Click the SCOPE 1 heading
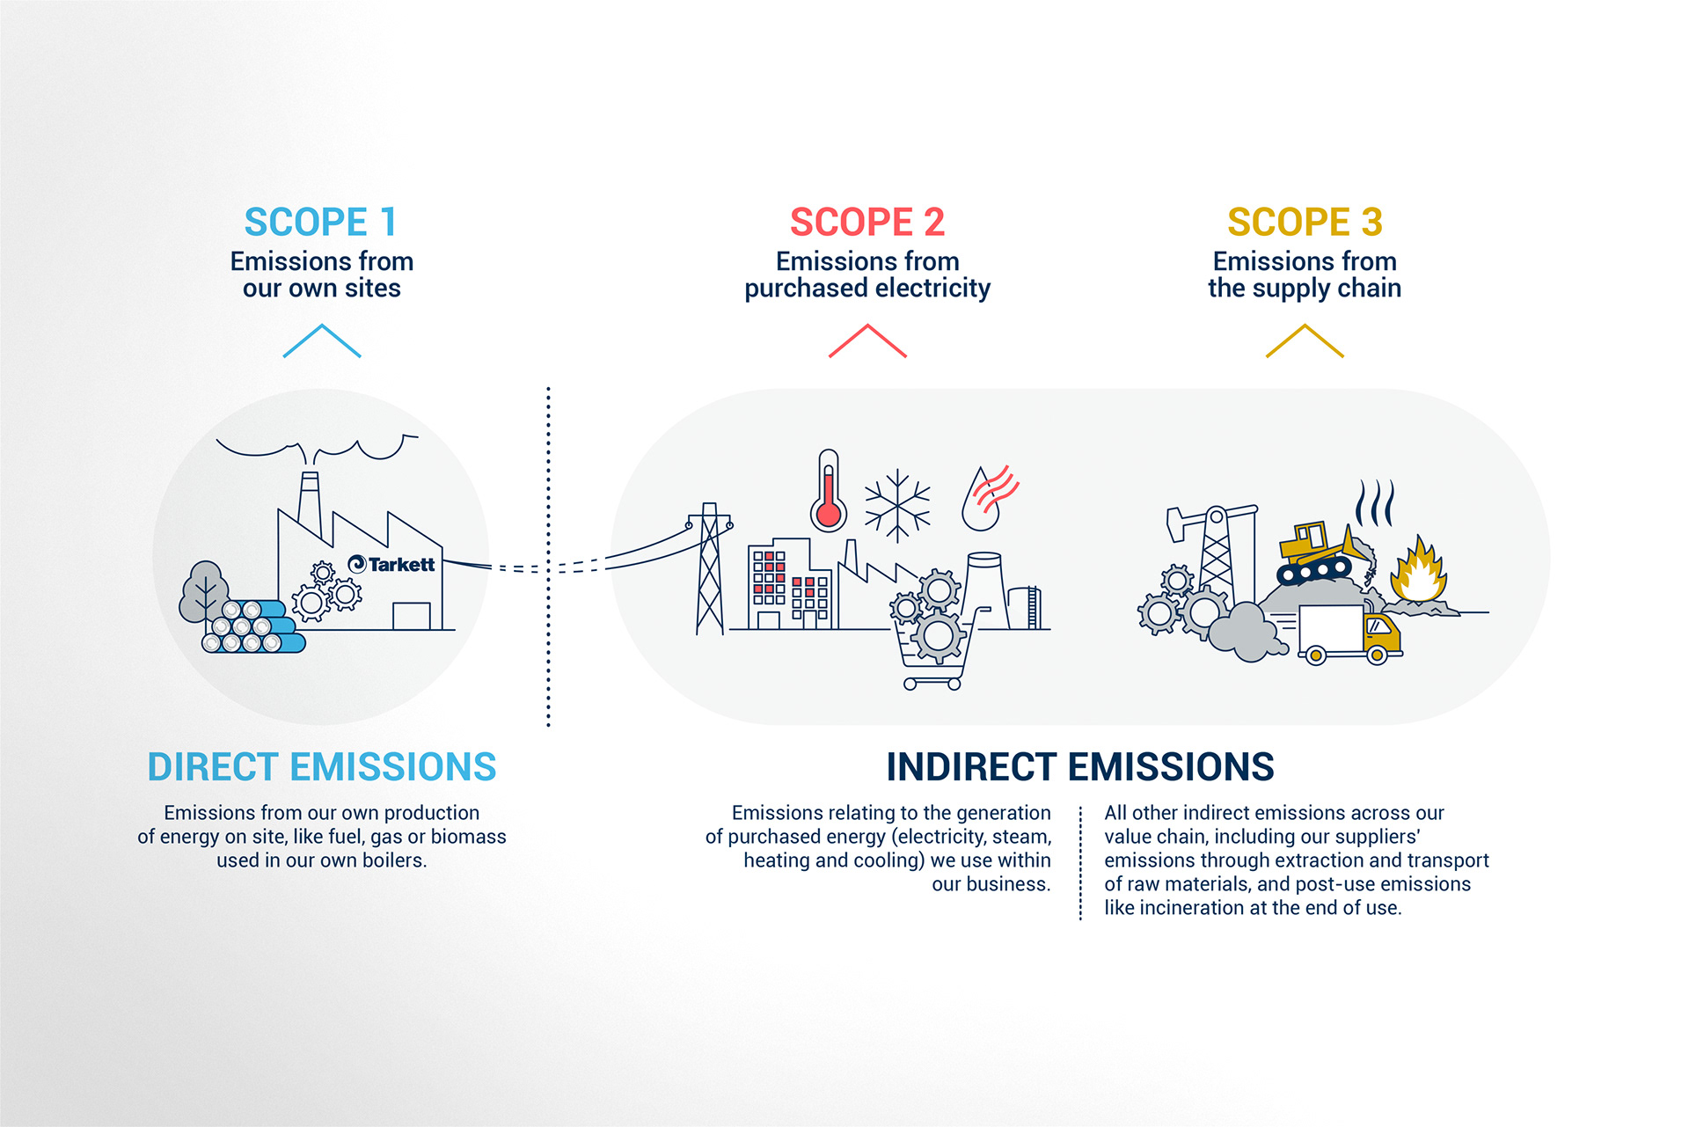[x=320, y=222]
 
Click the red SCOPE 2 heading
[x=866, y=222]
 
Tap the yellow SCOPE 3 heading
[x=1305, y=222]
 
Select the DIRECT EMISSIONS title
[x=322, y=767]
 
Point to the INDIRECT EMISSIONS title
[x=1080, y=767]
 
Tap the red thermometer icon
[x=828, y=493]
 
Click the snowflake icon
[x=897, y=505]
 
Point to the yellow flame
[x=1417, y=572]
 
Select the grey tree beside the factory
[x=204, y=591]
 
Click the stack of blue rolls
[x=253, y=626]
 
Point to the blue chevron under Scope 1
[x=322, y=340]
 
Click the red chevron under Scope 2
[x=867, y=340]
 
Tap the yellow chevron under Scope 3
[x=1305, y=340]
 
